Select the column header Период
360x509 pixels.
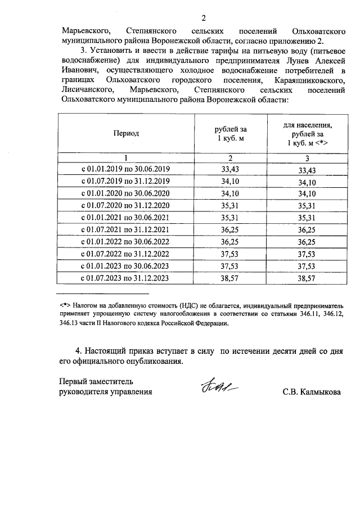click(126, 133)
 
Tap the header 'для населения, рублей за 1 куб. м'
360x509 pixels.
click(307, 134)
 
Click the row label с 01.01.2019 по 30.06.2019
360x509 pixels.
click(126, 169)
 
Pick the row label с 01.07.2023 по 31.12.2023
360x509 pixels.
click(126, 278)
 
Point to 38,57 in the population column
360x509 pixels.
click(307, 278)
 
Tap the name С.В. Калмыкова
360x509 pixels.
click(312, 391)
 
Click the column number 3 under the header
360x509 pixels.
click(307, 158)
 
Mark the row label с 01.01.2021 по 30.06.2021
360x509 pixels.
click(126, 218)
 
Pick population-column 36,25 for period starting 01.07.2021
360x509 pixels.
click(307, 230)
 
